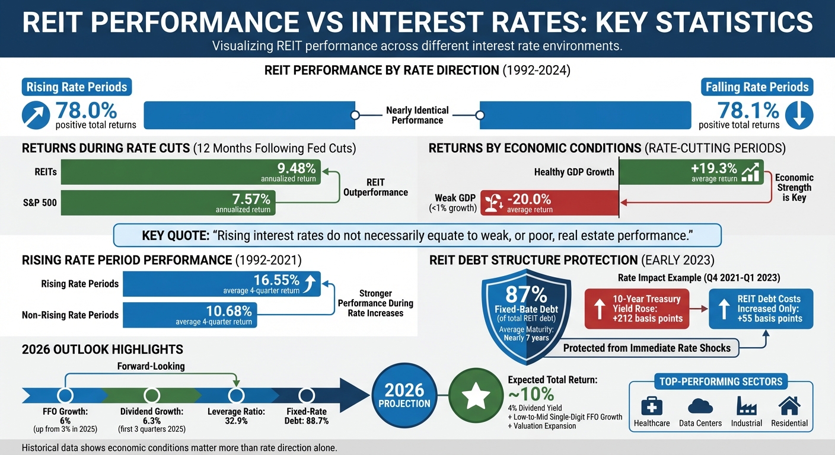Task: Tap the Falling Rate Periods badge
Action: (x=757, y=87)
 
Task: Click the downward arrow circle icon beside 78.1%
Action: (x=798, y=115)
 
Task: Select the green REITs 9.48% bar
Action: (x=190, y=172)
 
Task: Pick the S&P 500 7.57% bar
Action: (x=168, y=203)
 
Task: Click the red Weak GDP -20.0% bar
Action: (x=549, y=203)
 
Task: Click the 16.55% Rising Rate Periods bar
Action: (x=222, y=284)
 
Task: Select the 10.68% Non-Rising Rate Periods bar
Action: (x=190, y=315)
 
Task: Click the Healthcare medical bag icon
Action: (x=652, y=406)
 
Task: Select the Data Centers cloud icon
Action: (x=700, y=406)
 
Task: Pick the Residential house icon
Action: (x=789, y=406)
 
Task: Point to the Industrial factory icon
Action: (x=746, y=406)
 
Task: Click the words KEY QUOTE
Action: (x=175, y=236)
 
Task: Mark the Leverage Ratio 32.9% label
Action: (x=236, y=416)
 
